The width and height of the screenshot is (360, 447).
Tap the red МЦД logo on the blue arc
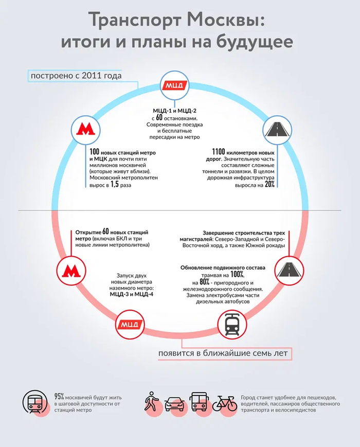click(x=174, y=85)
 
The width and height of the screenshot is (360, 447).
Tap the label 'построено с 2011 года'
click(x=76, y=77)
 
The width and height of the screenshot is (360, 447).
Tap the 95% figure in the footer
click(x=59, y=396)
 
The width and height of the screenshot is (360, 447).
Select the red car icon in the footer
click(x=174, y=403)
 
